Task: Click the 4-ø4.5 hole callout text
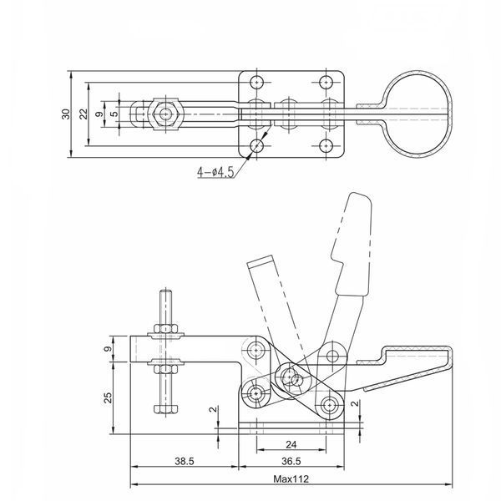[215, 172]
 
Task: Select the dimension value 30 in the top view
[66, 114]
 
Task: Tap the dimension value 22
[83, 114]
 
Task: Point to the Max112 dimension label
[291, 478]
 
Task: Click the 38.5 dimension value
[185, 461]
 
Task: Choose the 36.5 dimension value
[291, 461]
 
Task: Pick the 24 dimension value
[291, 444]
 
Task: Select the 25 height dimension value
[109, 397]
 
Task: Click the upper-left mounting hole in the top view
[256, 82]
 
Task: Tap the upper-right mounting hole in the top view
[326, 82]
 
